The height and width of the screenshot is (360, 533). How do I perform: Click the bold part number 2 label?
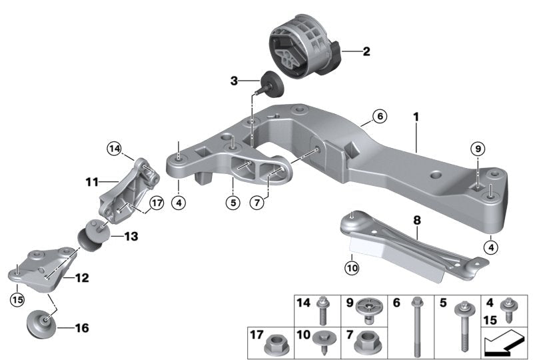(x=366, y=51)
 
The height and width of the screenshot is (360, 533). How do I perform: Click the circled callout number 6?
(x=379, y=116)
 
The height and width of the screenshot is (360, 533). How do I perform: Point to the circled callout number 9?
(x=476, y=149)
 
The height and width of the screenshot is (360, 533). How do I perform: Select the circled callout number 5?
(x=231, y=201)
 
